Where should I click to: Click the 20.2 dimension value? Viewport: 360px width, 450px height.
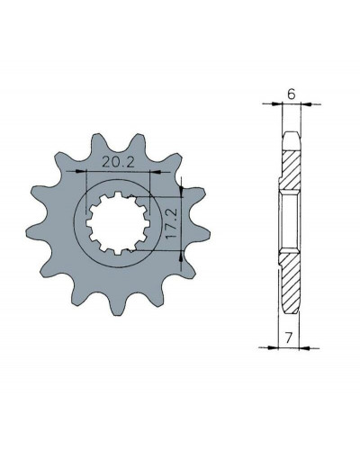tap(117, 162)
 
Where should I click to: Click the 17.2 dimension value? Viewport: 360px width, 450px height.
tap(172, 223)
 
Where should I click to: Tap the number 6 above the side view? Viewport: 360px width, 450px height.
tap(292, 94)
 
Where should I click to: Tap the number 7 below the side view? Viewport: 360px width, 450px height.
tap(288, 338)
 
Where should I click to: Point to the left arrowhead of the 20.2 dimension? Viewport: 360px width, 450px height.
tap(79, 171)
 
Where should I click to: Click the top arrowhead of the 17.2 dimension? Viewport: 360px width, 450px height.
tap(181, 190)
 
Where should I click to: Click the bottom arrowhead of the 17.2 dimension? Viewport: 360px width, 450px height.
tap(181, 256)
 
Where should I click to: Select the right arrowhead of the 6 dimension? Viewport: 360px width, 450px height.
tap(307, 104)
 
